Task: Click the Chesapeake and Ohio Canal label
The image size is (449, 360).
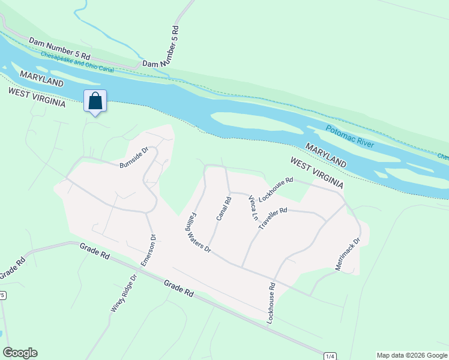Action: (x=77, y=62)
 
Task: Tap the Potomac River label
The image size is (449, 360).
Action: (x=350, y=137)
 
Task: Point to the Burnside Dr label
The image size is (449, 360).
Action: (x=133, y=158)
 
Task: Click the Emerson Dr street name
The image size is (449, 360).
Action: (x=148, y=250)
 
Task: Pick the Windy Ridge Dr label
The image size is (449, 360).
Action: (x=124, y=293)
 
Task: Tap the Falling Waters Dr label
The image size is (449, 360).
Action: (x=198, y=230)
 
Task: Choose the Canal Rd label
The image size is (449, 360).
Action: (x=224, y=209)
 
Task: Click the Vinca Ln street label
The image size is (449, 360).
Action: (x=254, y=208)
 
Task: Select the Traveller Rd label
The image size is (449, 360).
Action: (x=273, y=218)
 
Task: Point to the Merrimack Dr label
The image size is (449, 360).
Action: (x=348, y=254)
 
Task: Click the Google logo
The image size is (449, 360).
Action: (x=20, y=353)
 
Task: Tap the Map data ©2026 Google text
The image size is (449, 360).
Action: (x=412, y=355)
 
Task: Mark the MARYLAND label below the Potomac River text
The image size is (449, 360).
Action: (x=326, y=155)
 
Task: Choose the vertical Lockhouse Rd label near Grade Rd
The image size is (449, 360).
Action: (x=271, y=304)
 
